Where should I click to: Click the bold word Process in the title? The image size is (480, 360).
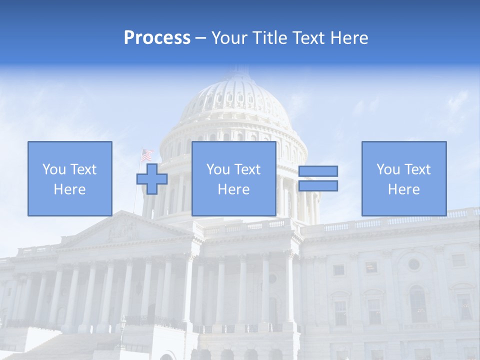coord(157,38)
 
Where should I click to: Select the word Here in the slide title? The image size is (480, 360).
coord(348,38)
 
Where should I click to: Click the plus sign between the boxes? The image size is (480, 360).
coord(152,178)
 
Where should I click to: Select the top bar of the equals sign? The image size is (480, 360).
coord(318,171)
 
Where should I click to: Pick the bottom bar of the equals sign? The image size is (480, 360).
coord(318,185)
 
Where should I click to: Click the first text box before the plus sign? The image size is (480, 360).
coord(69,178)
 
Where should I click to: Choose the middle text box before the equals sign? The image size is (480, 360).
coord(233,178)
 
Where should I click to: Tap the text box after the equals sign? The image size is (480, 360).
coord(403,178)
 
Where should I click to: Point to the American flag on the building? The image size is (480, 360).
coord(146,155)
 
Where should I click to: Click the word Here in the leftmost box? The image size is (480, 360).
coord(69,189)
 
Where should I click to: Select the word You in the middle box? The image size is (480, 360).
coord(218,169)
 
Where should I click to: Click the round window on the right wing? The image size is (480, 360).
coord(413,264)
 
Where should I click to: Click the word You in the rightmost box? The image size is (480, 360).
coord(388,169)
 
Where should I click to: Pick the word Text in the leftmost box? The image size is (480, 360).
coord(83,169)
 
